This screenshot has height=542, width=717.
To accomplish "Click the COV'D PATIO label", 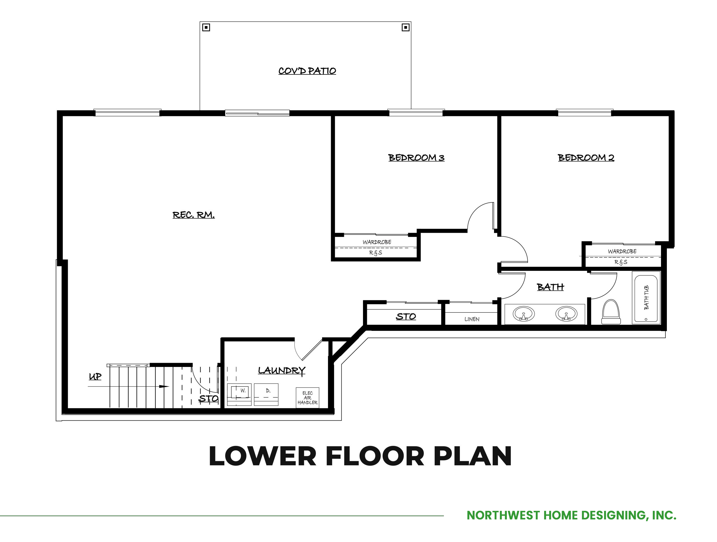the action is click(307, 71).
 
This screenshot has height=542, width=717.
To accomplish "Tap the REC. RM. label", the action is click(194, 215).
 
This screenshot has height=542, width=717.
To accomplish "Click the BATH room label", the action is click(550, 287).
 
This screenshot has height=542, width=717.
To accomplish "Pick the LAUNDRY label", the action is click(282, 371).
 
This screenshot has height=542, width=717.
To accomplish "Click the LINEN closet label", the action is click(472, 319).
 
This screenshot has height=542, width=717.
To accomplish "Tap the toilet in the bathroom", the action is click(611, 311).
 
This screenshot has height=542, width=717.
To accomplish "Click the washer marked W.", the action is click(239, 394).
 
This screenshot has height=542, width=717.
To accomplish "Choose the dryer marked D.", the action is click(266, 394).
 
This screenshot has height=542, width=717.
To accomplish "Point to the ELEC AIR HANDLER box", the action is click(307, 398).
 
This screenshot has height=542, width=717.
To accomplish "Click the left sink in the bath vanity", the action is click(523, 314).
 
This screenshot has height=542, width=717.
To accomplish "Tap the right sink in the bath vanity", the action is click(566, 314).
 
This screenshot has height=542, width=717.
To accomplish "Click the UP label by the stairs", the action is click(95, 377).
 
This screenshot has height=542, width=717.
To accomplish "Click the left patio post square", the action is click(206, 27).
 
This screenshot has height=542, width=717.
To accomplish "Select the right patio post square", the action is click(406, 27).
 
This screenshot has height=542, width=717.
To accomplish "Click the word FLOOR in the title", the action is click(375, 456).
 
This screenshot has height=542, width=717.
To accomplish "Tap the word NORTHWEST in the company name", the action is click(503, 515).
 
